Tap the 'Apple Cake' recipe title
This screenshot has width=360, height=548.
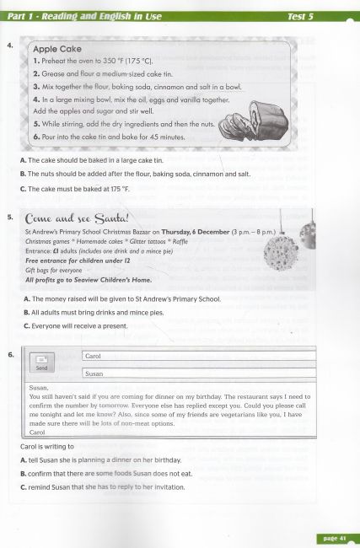click(60, 50)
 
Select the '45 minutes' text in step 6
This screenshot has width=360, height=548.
click(160, 136)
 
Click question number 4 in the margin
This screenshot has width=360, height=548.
click(8, 46)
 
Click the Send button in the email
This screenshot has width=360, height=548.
click(40, 363)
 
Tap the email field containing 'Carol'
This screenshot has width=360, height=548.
click(197, 356)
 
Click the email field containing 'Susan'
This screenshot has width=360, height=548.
click(197, 373)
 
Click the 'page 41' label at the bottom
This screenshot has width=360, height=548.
click(336, 538)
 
